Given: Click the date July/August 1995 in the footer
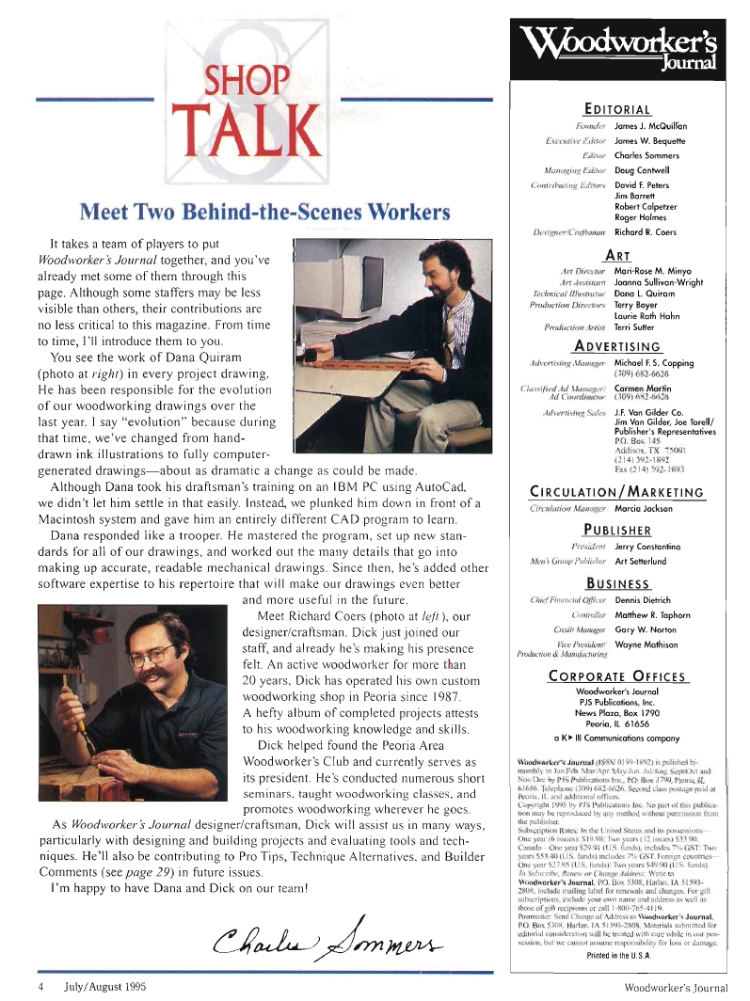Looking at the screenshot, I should (103, 988).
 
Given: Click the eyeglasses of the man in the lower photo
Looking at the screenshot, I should (153, 654).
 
